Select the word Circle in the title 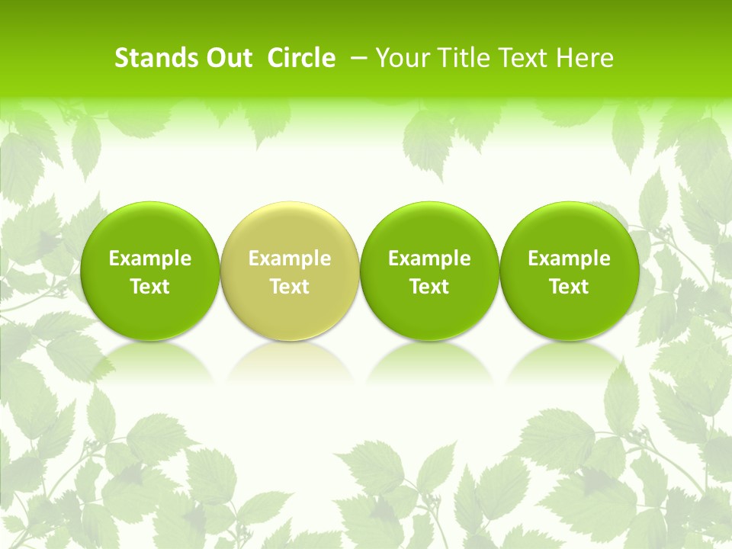click(x=301, y=58)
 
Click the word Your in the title click(x=402, y=58)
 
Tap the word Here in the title click(x=584, y=58)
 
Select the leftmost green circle click(x=149, y=229)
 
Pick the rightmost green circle click(x=569, y=229)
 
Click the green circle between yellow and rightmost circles click(x=429, y=229)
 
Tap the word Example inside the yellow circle click(x=290, y=258)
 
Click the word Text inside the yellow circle click(x=290, y=287)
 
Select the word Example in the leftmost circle click(x=149, y=258)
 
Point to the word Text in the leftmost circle click(x=149, y=287)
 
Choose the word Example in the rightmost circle click(x=569, y=258)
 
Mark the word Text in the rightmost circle click(x=569, y=287)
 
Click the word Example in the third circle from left click(x=429, y=258)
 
